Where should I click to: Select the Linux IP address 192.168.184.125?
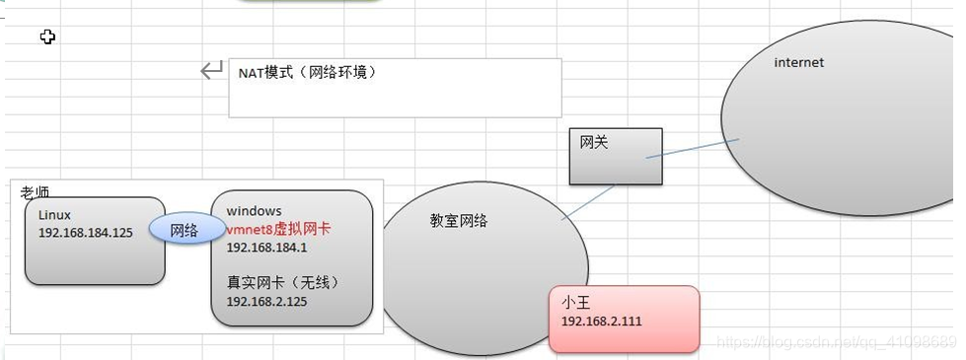click(x=85, y=234)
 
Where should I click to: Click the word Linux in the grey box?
click(x=55, y=213)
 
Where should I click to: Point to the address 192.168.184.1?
click(x=266, y=248)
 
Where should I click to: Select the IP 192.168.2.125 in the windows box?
click(x=266, y=302)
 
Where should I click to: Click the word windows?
click(x=254, y=211)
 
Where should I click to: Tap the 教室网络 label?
click(x=459, y=221)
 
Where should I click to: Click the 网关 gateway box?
click(x=615, y=156)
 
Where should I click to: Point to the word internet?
click(x=798, y=62)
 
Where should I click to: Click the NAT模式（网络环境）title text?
click(x=307, y=73)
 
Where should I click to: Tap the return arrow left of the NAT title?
click(x=211, y=70)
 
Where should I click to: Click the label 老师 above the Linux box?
click(x=36, y=192)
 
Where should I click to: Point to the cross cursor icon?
click(x=46, y=36)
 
